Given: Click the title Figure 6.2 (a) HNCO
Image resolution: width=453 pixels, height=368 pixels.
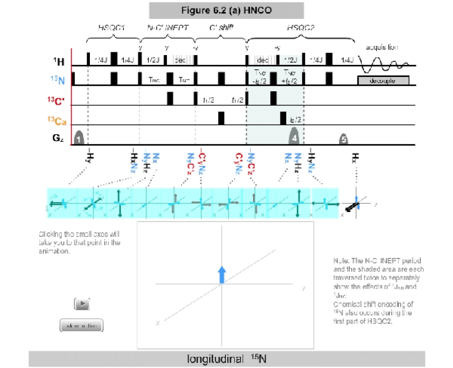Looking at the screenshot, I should tap(226, 10).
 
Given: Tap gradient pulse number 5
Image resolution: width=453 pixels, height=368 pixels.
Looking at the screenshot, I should tap(343, 139).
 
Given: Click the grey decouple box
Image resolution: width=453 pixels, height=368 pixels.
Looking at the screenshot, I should tap(383, 80).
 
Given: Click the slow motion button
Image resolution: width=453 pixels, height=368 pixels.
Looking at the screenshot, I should tap(81, 326).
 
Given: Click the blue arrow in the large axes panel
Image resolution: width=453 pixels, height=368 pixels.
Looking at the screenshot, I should tap(221, 274).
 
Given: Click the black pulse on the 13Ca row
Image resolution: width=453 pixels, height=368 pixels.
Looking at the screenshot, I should tap(221, 118).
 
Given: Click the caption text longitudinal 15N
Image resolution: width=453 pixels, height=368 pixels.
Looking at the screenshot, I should tap(227, 359).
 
